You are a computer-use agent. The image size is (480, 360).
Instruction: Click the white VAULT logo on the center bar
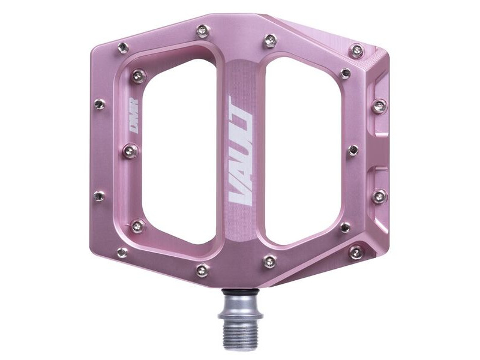coord(241,152)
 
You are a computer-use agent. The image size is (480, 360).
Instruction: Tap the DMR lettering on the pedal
coord(133,116)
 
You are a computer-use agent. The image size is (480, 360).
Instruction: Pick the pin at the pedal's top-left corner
coord(123,47)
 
